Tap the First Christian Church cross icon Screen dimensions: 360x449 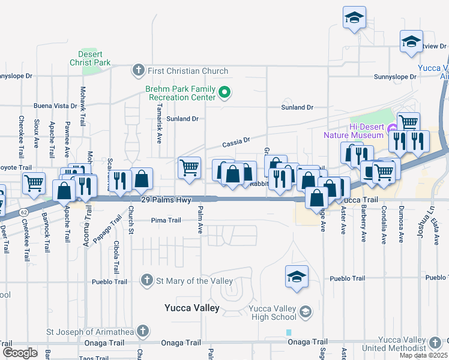coord(138,71)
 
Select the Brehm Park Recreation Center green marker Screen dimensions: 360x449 coord(224,92)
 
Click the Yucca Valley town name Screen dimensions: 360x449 coord(191,308)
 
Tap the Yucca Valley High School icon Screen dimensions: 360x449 coord(306,311)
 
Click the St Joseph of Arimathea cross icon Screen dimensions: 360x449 coord(142,331)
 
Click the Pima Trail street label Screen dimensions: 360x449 coord(166,220)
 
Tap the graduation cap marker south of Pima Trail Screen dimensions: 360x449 coord(297,277)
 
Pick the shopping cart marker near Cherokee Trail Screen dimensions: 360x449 coord(34,182)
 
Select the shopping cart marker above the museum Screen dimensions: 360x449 coord(408,122)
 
